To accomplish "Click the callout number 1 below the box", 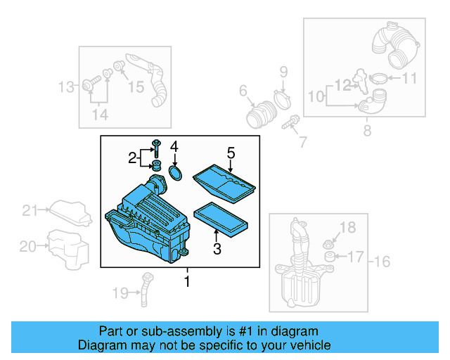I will coord(187,282).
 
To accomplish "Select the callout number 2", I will coord(132,158).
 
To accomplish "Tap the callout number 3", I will coord(217,248).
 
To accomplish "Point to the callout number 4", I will coord(174,147).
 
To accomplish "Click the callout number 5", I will coord(230,151).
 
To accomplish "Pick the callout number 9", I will coord(284,71).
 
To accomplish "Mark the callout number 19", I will coord(119,292).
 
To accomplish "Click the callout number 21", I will coord(28,210).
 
